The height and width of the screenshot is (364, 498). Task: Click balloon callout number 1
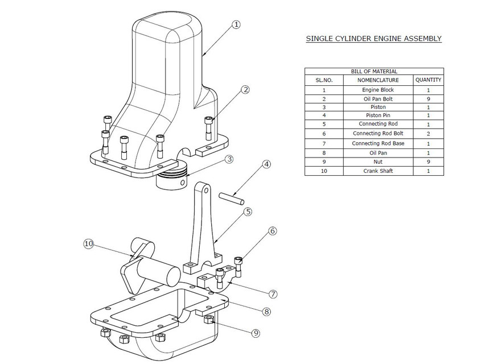point(236,24)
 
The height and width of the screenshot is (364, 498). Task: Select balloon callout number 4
point(266,165)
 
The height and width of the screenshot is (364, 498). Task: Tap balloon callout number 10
point(88,243)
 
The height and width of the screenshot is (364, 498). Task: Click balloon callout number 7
point(273,294)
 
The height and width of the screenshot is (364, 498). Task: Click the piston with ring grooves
point(173,178)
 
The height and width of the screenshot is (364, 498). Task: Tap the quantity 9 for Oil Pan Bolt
point(428,98)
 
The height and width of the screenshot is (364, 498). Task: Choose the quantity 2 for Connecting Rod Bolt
point(428,134)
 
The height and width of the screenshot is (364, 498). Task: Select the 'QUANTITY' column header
point(428,80)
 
